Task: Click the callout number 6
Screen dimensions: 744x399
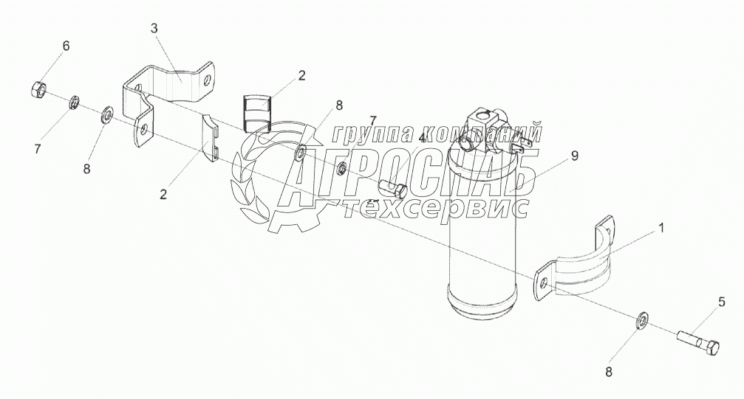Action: point(66,46)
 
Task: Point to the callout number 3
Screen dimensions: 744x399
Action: point(154,29)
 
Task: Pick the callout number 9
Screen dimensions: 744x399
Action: point(574,156)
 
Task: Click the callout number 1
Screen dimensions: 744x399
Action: point(661,228)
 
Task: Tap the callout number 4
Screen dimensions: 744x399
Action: point(422,138)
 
